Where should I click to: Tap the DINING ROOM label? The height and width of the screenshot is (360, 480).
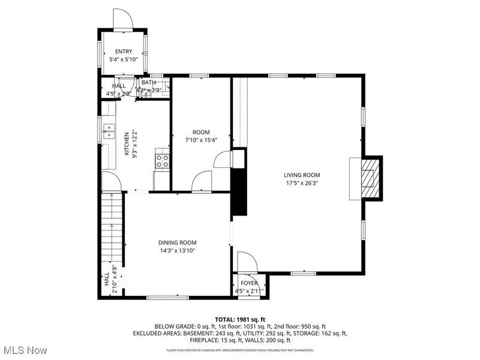click(x=178, y=242)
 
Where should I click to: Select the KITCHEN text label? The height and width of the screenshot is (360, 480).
click(x=127, y=144)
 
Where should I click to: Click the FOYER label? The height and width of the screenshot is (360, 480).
click(x=249, y=283)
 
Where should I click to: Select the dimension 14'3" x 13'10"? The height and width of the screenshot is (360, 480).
click(x=178, y=251)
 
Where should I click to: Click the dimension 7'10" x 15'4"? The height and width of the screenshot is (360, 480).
click(x=201, y=140)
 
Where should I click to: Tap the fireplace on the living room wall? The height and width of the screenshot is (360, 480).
click(x=367, y=178)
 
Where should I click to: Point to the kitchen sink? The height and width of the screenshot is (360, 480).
click(x=109, y=131)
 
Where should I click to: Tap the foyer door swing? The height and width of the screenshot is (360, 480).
click(x=247, y=262)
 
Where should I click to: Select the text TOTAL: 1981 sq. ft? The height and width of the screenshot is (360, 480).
click(x=239, y=319)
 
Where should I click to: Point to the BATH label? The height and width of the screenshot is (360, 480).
click(x=148, y=83)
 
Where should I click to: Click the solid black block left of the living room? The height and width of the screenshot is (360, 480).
click(x=239, y=191)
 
